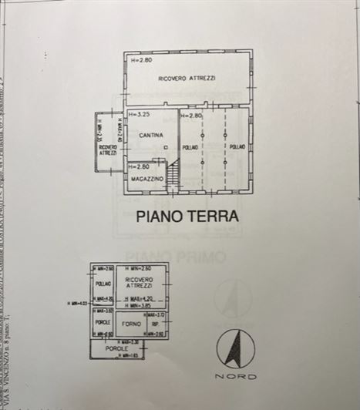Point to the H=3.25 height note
140,115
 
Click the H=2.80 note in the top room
143,59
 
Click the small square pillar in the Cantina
166,146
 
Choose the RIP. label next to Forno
154,324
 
